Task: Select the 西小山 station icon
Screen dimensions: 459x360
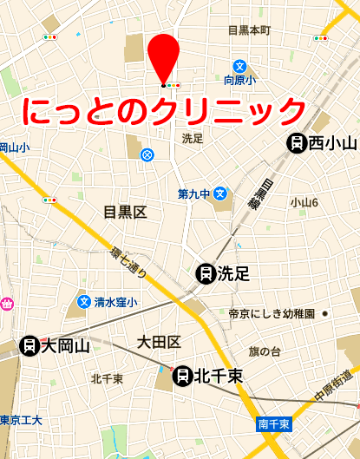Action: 297,143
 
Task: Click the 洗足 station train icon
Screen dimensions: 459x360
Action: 206,274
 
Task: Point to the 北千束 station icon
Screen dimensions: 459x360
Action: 183,376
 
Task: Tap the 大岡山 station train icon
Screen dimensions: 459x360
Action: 29,346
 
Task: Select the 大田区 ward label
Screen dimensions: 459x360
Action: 159,341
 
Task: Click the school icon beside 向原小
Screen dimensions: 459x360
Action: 239,65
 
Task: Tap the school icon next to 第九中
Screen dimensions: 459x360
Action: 221,193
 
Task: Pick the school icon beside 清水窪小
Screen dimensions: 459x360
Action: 84,302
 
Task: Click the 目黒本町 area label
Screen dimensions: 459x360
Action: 249,30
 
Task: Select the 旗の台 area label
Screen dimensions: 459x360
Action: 265,351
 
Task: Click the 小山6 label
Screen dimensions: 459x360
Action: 304,202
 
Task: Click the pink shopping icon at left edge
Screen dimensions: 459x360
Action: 5,305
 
